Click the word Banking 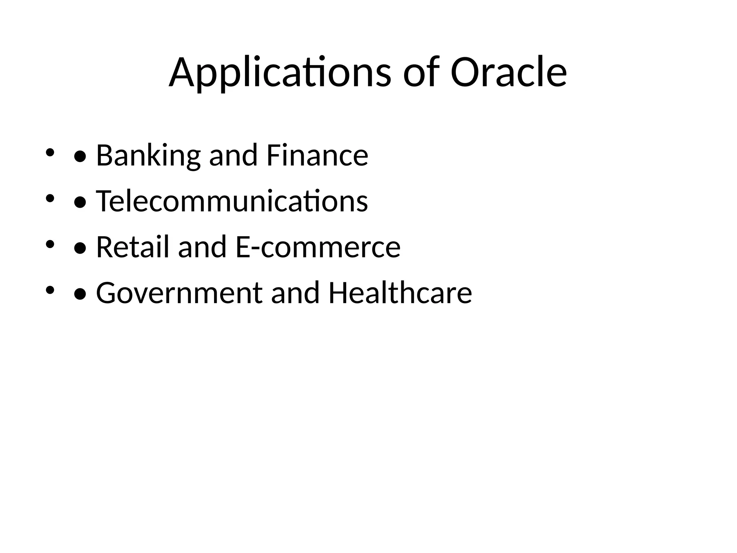148,156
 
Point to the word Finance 317,155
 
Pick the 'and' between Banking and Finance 233,156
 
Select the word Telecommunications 232,201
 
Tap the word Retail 132,247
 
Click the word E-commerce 318,247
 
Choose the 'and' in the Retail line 202,247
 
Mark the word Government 179,293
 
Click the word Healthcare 400,293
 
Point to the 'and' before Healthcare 295,293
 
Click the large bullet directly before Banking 80,157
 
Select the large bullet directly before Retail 80,249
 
